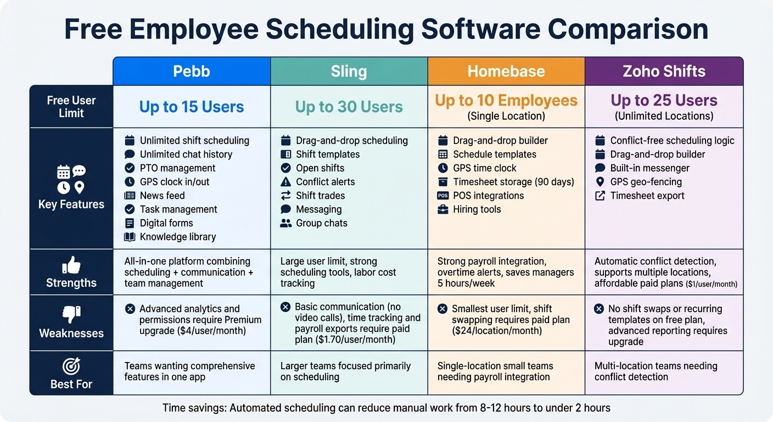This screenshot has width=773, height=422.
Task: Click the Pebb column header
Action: (x=192, y=71)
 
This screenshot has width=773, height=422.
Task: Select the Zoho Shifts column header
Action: (x=664, y=71)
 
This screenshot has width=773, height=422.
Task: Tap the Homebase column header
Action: (x=506, y=71)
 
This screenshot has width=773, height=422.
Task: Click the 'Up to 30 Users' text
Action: (x=349, y=107)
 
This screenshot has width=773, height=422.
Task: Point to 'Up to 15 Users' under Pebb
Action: (x=192, y=107)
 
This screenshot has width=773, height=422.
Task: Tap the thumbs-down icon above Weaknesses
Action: (x=71, y=315)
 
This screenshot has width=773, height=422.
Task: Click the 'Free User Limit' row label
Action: (x=71, y=107)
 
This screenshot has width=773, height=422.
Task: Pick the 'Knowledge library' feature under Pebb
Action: (x=177, y=237)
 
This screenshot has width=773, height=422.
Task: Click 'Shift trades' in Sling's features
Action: (x=320, y=196)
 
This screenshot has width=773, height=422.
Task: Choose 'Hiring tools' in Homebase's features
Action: (x=477, y=209)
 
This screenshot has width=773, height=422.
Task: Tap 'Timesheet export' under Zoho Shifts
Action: (x=647, y=196)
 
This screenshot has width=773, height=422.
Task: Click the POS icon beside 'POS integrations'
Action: (x=442, y=196)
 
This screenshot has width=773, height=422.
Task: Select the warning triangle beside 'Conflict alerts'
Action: (x=285, y=182)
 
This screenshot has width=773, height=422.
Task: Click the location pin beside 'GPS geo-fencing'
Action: (x=600, y=182)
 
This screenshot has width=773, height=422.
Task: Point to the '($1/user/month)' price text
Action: (x=712, y=285)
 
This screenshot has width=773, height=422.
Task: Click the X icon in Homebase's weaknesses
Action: (x=442, y=309)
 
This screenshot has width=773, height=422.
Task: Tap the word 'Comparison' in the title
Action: (x=628, y=30)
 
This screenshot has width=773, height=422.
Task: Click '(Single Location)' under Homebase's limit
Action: (x=506, y=116)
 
